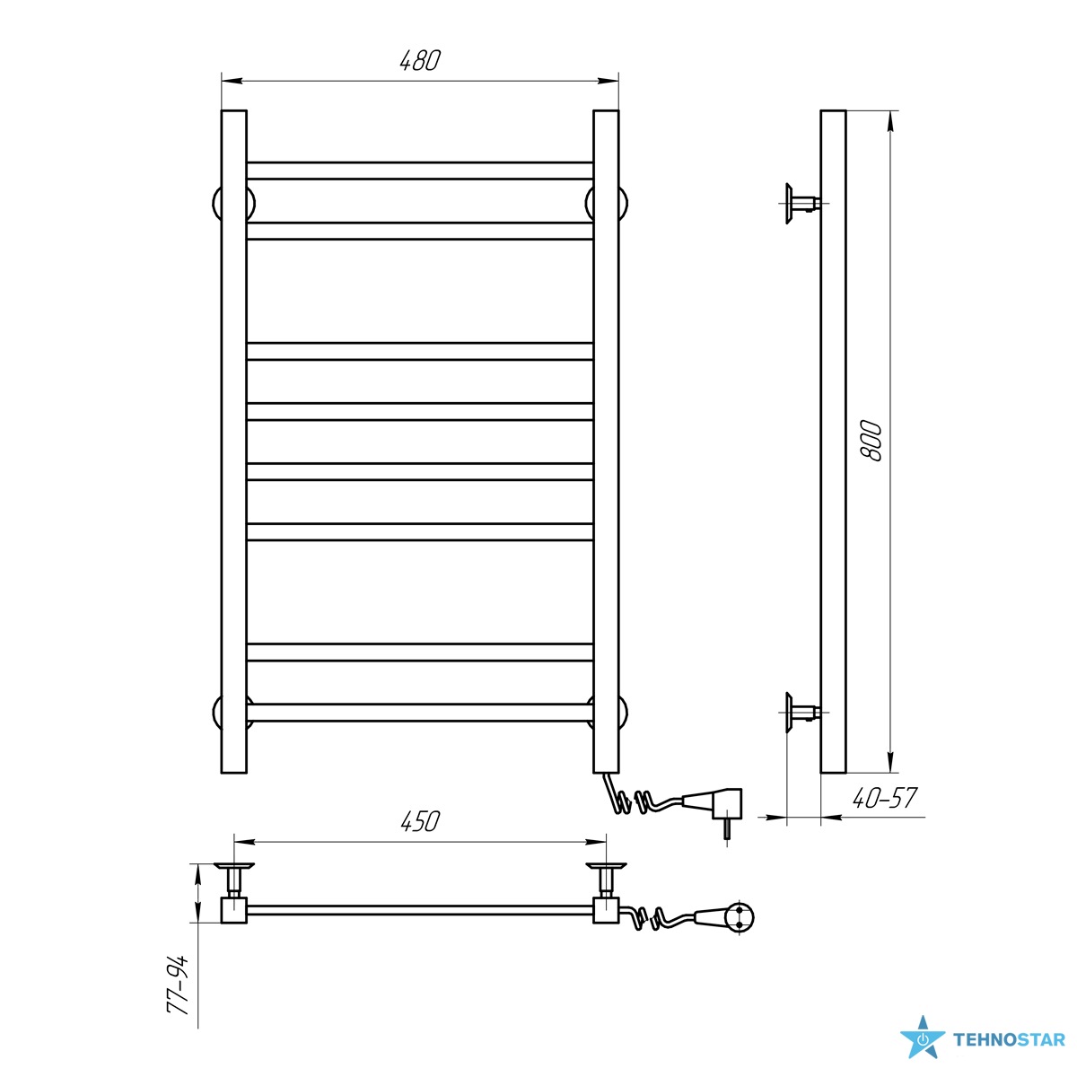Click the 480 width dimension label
(x=420, y=60)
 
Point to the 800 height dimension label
(x=871, y=441)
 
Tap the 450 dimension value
(x=420, y=821)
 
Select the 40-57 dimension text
(x=884, y=798)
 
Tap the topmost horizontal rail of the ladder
(x=420, y=171)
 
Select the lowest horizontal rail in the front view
(x=420, y=713)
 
